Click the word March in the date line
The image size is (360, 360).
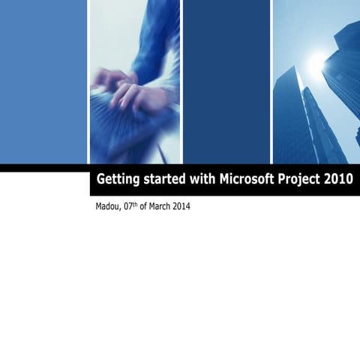[x=159, y=206]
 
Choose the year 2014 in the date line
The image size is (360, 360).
[x=181, y=206]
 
